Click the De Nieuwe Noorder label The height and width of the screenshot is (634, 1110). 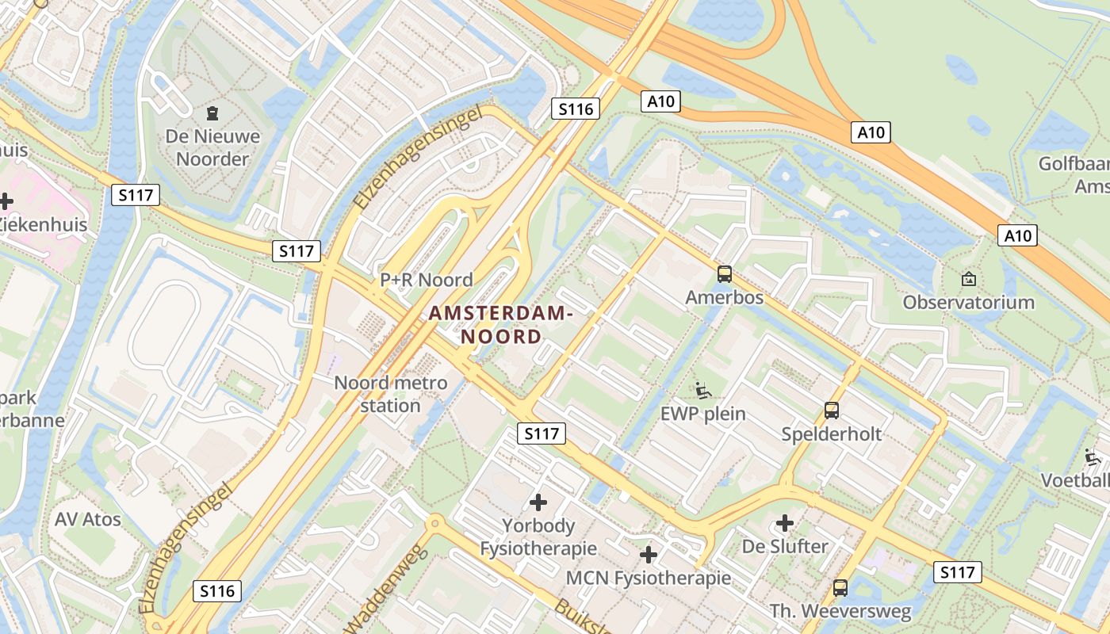coord(212,147)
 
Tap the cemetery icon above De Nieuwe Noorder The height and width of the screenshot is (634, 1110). coord(212,113)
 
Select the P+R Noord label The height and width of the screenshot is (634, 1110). coord(427,280)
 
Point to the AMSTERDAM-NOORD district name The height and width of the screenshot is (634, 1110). coord(501,325)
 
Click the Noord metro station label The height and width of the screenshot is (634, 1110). coord(390,394)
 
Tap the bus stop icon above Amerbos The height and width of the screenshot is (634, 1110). coord(725,274)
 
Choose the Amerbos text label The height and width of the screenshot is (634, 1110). coord(725,298)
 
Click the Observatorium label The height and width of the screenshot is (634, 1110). coord(968,302)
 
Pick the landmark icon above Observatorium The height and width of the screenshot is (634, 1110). coord(968,278)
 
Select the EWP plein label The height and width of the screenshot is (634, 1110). coord(703,414)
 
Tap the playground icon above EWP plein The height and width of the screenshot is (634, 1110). coord(703,390)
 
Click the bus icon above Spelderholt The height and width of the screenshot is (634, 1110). coord(831,411)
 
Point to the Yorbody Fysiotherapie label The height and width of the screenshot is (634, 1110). coord(538,537)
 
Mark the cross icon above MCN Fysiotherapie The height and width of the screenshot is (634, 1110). coord(649,555)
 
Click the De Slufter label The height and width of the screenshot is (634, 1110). coord(784,546)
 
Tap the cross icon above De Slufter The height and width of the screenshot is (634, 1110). coord(784,523)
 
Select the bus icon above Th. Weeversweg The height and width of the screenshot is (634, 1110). coord(840,588)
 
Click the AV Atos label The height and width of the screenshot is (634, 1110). coord(88,520)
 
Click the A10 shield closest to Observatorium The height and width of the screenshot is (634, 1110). coord(1019,235)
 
